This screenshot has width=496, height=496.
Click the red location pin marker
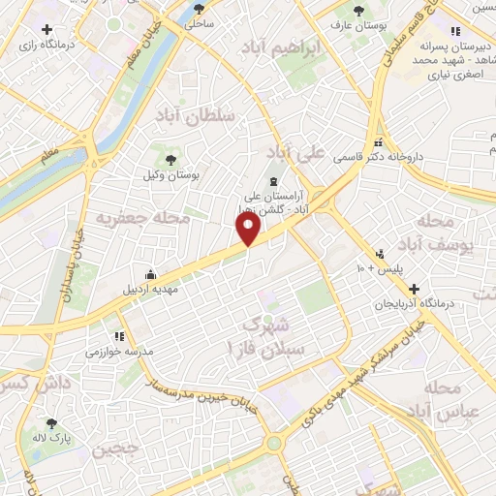point(249,230)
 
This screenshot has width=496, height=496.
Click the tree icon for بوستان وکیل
point(170,160)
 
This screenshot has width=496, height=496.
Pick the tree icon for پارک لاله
point(52,423)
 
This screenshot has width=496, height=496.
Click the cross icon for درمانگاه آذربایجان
point(414,289)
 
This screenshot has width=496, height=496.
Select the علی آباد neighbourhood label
point(293,153)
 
